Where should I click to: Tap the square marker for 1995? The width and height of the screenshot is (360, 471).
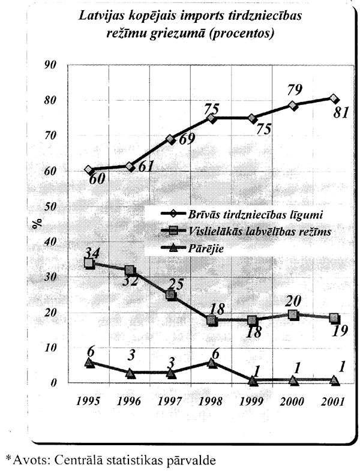pyautogui.click(x=89, y=263)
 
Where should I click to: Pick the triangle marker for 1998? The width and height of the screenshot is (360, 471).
pyautogui.click(x=212, y=362)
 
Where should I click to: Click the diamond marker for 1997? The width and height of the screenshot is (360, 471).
pyautogui.click(x=171, y=139)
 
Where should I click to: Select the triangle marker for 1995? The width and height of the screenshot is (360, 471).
pyautogui.click(x=89, y=362)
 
